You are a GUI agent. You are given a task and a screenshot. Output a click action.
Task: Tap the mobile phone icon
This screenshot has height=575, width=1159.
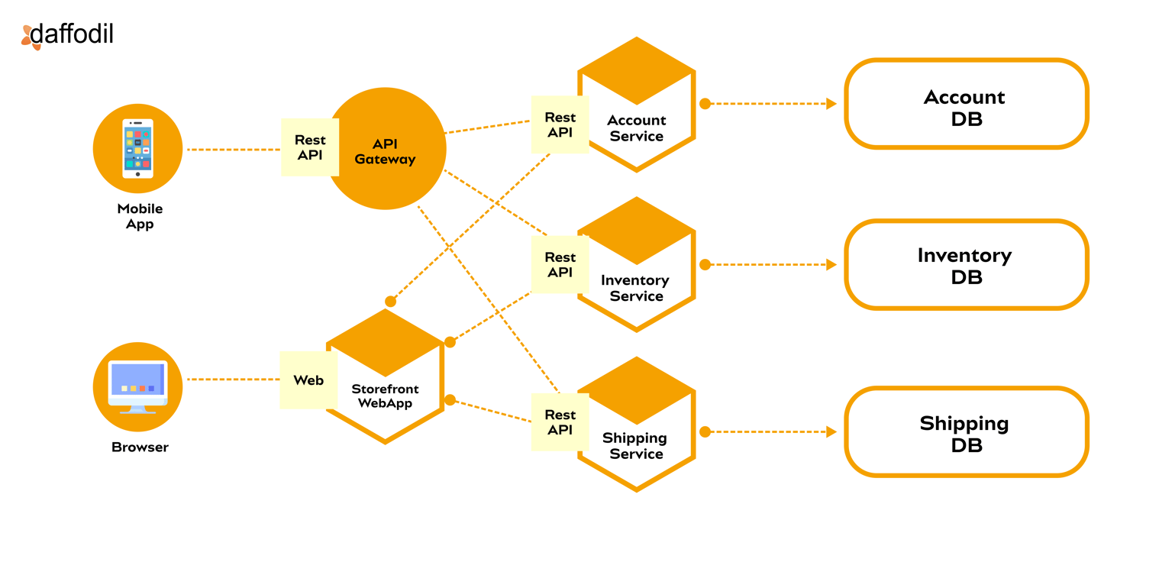(138, 149)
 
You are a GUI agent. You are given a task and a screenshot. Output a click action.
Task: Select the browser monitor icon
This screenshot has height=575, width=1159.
(138, 386)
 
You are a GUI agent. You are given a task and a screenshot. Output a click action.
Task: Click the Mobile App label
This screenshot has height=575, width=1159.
(140, 216)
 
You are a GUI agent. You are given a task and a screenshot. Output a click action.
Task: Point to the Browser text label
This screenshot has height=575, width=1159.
(140, 447)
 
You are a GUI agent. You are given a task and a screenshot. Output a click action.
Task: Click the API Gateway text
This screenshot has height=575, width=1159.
(385, 151)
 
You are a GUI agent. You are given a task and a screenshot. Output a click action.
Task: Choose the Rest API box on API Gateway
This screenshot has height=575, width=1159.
(309, 147)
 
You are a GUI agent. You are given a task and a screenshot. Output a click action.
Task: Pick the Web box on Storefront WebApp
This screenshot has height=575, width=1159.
(308, 380)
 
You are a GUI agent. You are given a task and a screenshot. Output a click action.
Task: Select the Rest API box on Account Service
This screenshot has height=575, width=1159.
(560, 124)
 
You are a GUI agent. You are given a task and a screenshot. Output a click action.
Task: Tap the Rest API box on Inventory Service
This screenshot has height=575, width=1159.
(560, 265)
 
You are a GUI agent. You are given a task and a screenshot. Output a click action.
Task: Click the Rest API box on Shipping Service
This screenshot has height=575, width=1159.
(560, 422)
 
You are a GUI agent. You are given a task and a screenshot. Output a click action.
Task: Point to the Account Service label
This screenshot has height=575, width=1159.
(636, 128)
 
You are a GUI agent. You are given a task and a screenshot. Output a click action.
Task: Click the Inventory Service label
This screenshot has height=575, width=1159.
(636, 288)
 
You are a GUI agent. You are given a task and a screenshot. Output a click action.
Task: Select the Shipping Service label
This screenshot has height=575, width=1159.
(635, 446)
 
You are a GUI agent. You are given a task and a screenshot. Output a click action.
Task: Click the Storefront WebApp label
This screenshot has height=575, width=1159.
(385, 396)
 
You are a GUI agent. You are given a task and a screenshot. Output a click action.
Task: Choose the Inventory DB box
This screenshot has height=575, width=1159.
(965, 265)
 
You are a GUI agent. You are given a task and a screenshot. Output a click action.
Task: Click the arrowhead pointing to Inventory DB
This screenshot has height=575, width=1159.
(831, 265)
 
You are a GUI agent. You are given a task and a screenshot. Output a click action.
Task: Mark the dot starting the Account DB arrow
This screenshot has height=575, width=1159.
(705, 104)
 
